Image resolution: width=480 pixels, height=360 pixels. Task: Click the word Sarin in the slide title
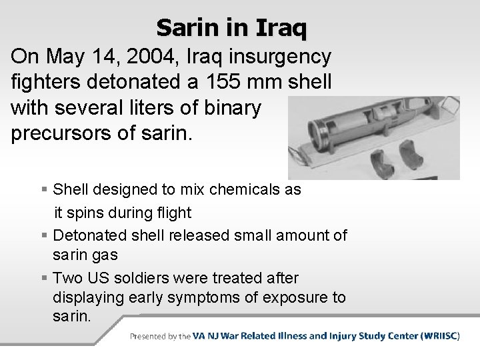coord(187,28)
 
